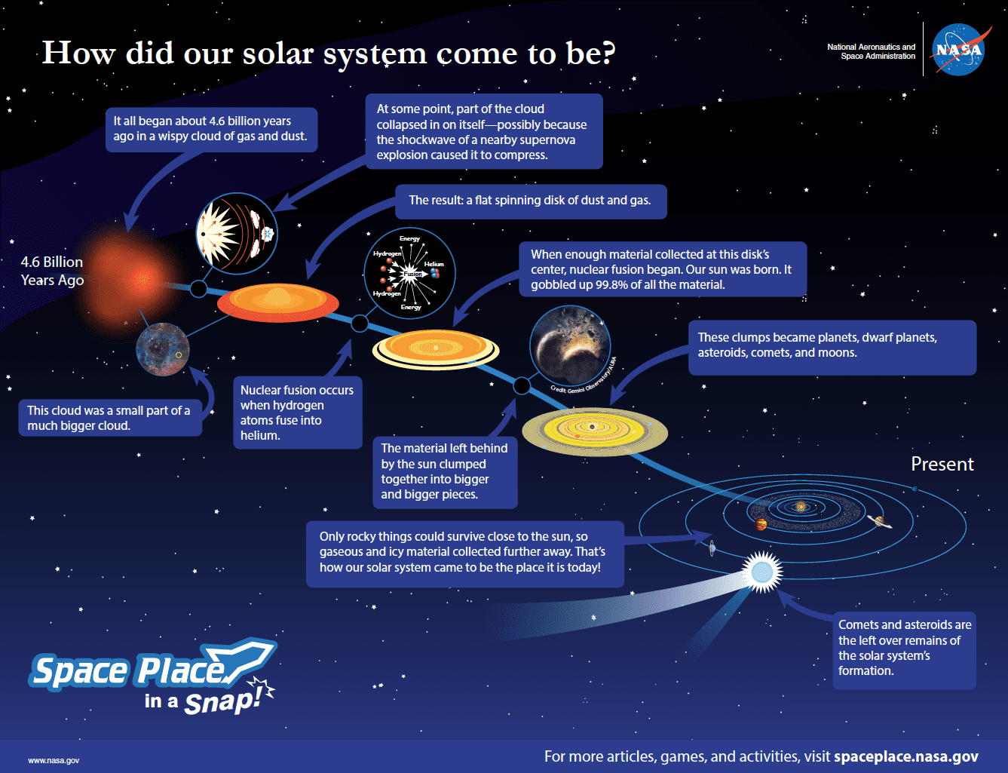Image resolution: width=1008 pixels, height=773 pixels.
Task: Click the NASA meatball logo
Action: [959, 49]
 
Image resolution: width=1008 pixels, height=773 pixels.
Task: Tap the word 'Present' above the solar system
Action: [942, 464]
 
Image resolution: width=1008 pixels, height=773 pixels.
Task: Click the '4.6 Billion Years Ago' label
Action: [52, 271]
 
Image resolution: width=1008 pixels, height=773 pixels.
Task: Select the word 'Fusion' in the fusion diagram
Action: [412, 274]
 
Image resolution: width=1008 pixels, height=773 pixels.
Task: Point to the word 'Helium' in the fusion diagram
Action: [434, 264]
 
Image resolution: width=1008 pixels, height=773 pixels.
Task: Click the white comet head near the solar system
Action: [761, 572]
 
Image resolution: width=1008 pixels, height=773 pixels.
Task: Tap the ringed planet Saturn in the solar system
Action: [879, 522]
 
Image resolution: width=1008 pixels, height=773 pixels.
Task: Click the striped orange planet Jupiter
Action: [761, 524]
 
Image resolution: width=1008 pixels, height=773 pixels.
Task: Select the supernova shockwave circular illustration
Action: [237, 233]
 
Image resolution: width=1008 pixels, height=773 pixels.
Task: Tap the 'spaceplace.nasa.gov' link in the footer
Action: [906, 756]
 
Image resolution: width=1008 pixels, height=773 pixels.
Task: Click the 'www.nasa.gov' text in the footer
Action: [54, 760]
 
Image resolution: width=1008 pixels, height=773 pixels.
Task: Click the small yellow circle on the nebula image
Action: [179, 355]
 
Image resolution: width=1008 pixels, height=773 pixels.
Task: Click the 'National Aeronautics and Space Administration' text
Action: [871, 51]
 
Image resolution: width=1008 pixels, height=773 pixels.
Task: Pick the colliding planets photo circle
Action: [570, 345]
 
